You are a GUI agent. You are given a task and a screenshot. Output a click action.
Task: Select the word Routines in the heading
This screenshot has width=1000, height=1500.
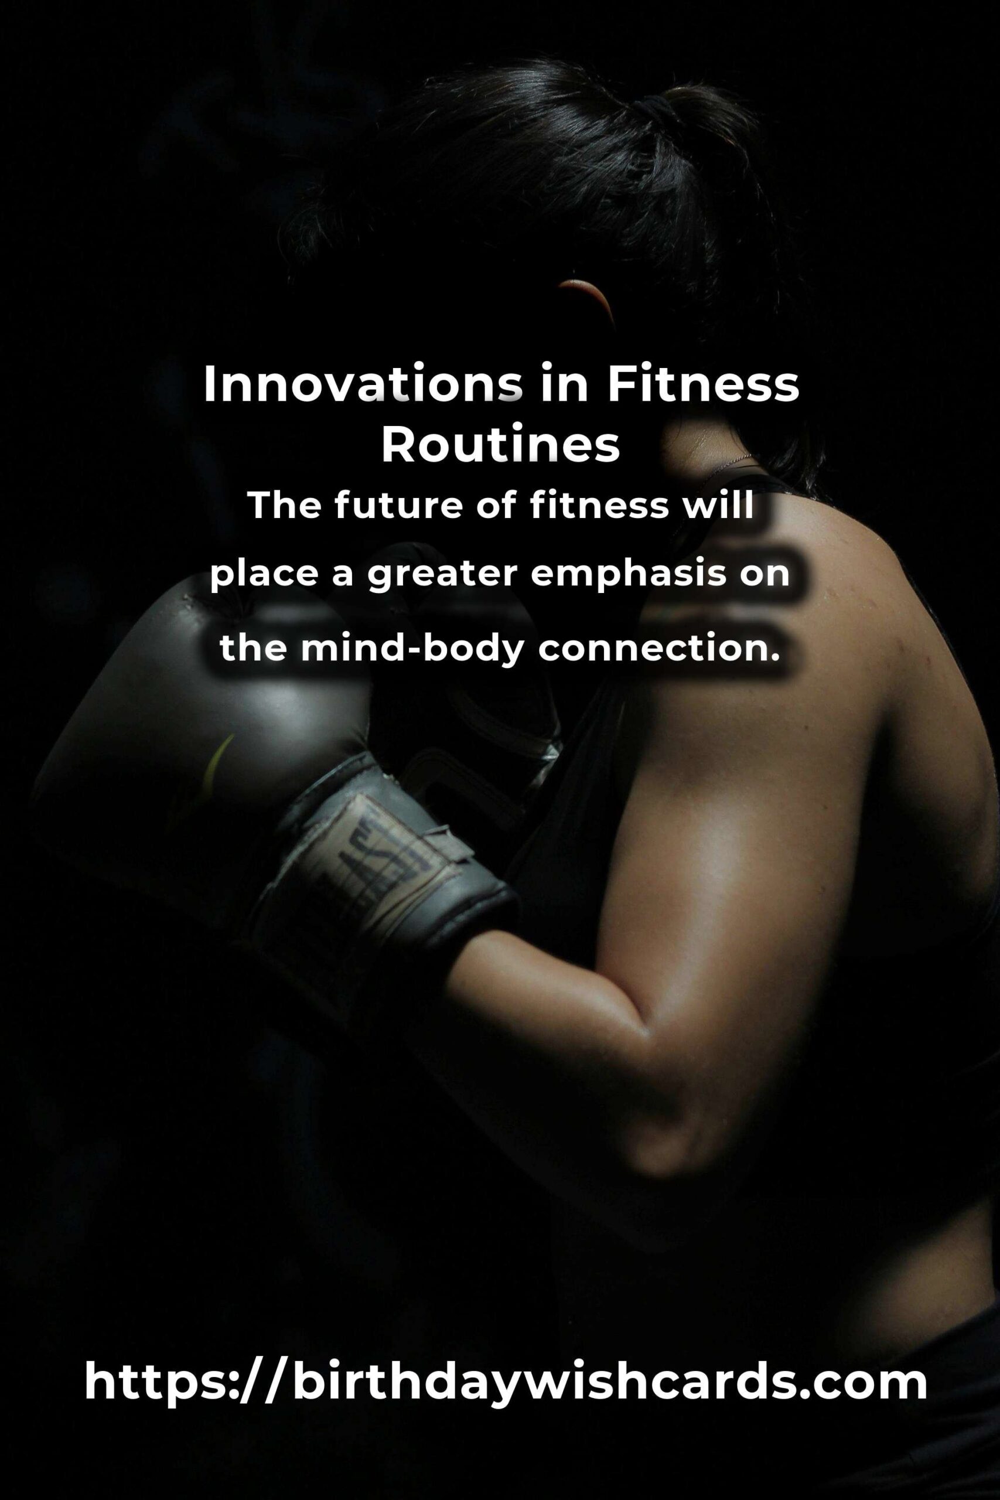point(501,446)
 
